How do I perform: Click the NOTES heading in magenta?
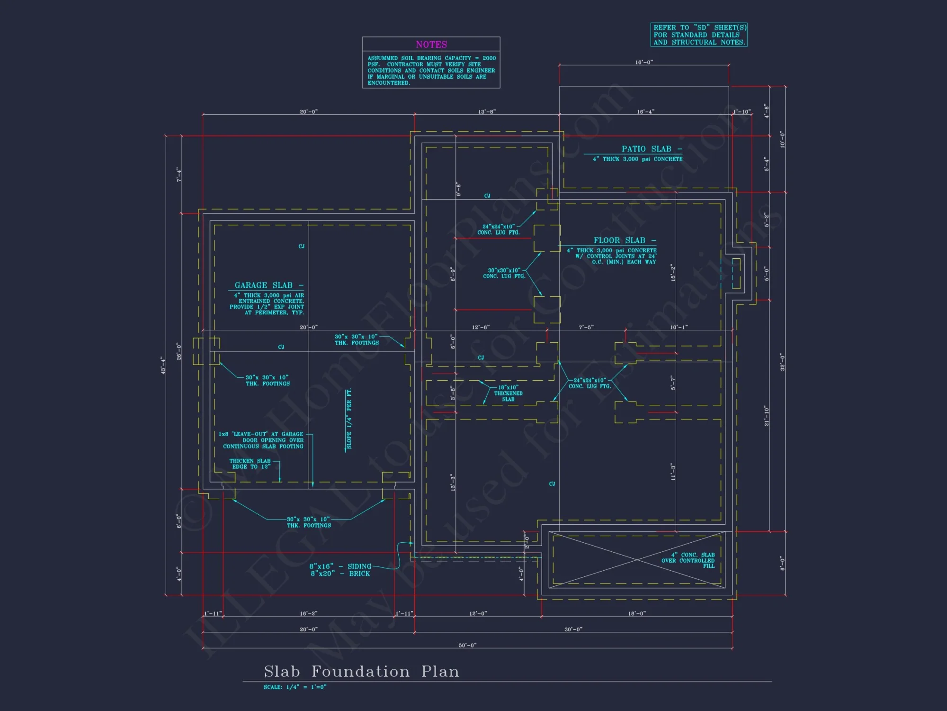pos(431,45)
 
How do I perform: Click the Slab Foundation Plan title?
pos(361,671)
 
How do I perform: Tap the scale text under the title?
pos(295,687)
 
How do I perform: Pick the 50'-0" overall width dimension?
pos(467,645)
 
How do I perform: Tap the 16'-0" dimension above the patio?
pos(644,62)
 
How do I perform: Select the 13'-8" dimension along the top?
pos(487,112)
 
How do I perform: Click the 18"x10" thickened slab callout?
pos(508,393)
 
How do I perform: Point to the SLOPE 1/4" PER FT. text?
pos(349,419)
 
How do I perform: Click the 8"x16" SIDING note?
pos(340,566)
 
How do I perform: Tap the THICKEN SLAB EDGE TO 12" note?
pos(250,464)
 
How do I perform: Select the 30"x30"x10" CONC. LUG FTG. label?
pos(504,273)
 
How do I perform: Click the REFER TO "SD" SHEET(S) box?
pos(699,35)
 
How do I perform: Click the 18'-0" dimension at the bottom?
pos(637,613)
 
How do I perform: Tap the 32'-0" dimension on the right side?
pos(782,362)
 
